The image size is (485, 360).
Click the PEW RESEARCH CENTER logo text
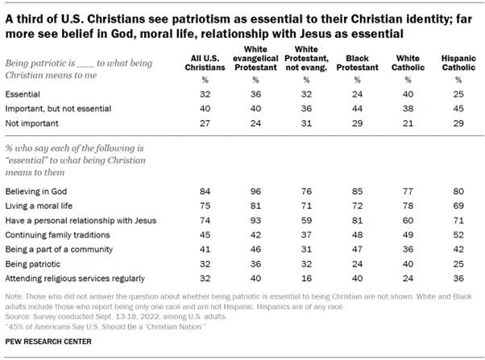[47, 341]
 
